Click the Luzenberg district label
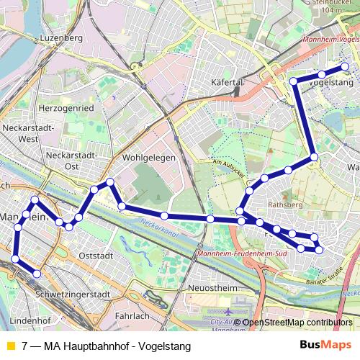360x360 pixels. (63, 37)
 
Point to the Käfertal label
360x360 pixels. (228, 83)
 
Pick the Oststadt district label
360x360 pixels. (96, 255)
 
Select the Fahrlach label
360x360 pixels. (132, 315)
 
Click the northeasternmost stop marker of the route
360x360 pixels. (345, 67)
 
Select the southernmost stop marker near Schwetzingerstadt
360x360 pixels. (37, 274)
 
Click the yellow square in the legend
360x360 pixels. (9, 346)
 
